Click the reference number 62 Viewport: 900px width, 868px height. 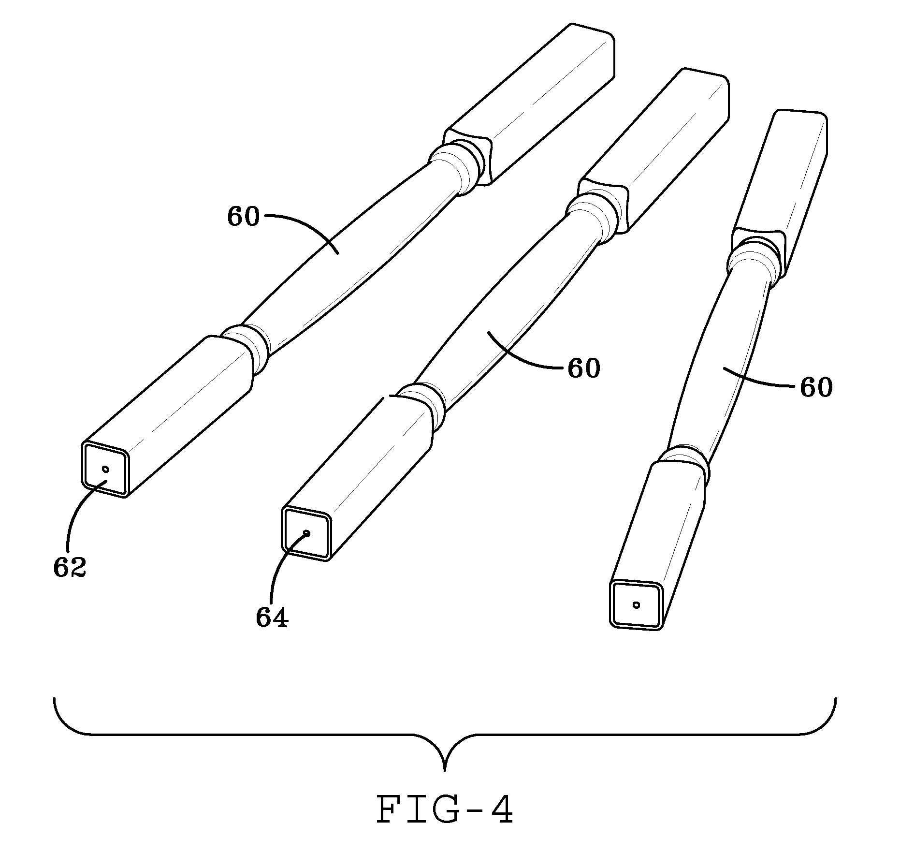(x=70, y=568)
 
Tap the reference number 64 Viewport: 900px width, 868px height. (x=272, y=618)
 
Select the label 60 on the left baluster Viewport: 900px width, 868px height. (x=243, y=217)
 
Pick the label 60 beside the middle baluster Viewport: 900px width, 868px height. (x=583, y=369)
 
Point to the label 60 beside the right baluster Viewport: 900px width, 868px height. (x=816, y=388)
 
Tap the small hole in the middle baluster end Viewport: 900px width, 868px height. (x=307, y=533)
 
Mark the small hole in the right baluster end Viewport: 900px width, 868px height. (x=637, y=604)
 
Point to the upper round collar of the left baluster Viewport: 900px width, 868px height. (x=457, y=167)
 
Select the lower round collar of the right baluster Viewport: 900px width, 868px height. (x=684, y=464)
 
